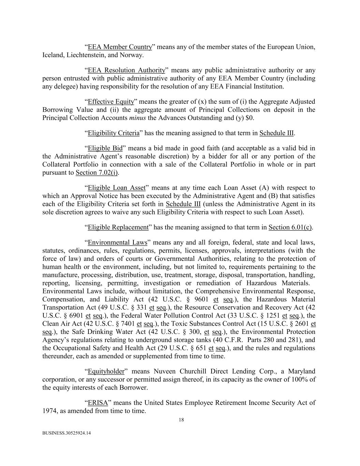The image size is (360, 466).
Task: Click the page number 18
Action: (181, 420)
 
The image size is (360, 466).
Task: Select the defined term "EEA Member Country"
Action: (120, 47)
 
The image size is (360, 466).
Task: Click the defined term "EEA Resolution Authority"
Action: (127, 70)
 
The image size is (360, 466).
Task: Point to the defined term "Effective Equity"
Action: (111, 102)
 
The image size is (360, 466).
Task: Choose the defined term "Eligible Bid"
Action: (105, 148)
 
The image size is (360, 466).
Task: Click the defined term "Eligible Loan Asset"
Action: (117, 188)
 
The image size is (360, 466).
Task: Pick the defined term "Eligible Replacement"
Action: (118, 227)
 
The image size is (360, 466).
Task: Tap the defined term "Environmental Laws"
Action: (117, 243)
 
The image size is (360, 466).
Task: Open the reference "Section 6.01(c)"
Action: (290, 227)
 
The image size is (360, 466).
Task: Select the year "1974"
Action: (49, 411)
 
